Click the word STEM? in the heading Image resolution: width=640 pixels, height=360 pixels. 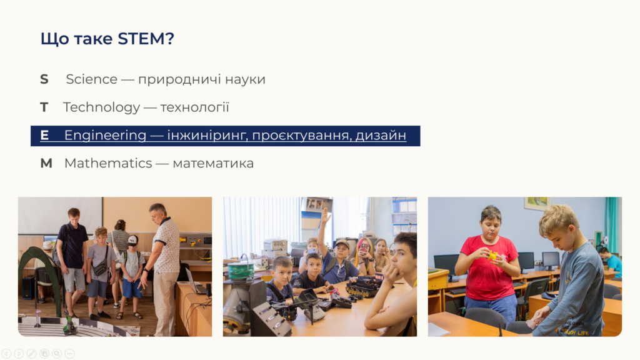(146, 39)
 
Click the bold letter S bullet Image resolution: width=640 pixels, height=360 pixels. (44, 79)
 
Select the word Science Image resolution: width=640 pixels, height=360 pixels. (91, 79)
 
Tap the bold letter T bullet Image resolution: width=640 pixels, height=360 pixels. (44, 107)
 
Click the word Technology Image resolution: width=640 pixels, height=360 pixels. (102, 107)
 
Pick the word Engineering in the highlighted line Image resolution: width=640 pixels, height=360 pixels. (105, 136)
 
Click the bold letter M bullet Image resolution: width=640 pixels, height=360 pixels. (46, 163)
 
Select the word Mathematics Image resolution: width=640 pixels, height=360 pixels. (108, 163)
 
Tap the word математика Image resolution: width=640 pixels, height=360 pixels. (213, 164)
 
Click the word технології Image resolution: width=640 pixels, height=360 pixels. (195, 107)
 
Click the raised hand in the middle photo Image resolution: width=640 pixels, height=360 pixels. (324, 216)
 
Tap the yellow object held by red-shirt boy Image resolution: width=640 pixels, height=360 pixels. (493, 256)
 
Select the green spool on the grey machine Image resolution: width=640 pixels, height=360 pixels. (241, 271)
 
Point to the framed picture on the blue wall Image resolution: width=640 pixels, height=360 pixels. (537, 203)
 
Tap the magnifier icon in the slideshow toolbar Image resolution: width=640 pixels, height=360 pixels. (57, 354)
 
